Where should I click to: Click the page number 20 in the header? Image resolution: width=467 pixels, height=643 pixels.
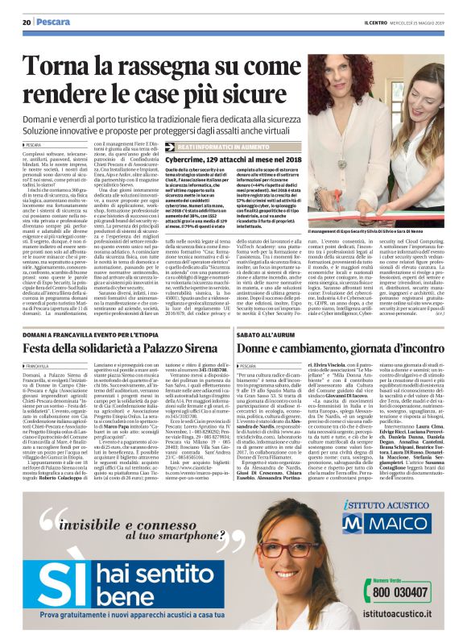coord(27,23)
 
